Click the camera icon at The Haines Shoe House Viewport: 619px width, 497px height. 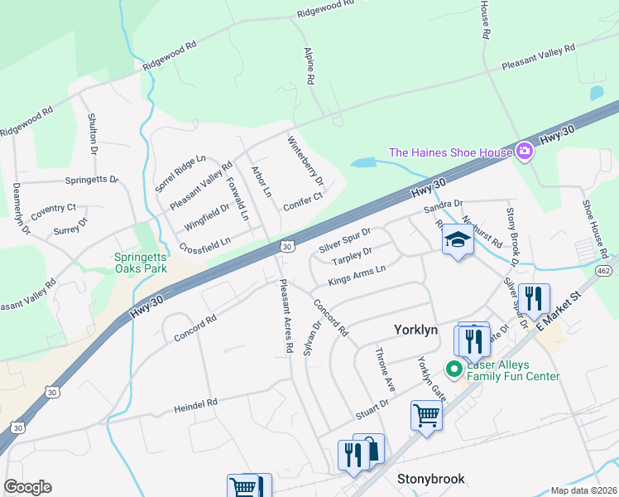[523, 151]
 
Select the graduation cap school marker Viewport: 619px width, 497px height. [457, 239]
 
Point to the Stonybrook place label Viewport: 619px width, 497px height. [430, 479]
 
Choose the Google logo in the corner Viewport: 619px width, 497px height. [27, 487]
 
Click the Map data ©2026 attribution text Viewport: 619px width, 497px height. [584, 490]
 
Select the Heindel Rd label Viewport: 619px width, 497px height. [195, 405]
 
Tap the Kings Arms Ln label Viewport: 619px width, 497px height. [357, 275]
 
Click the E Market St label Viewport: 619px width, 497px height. [559, 311]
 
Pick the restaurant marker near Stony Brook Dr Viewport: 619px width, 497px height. [534, 299]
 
